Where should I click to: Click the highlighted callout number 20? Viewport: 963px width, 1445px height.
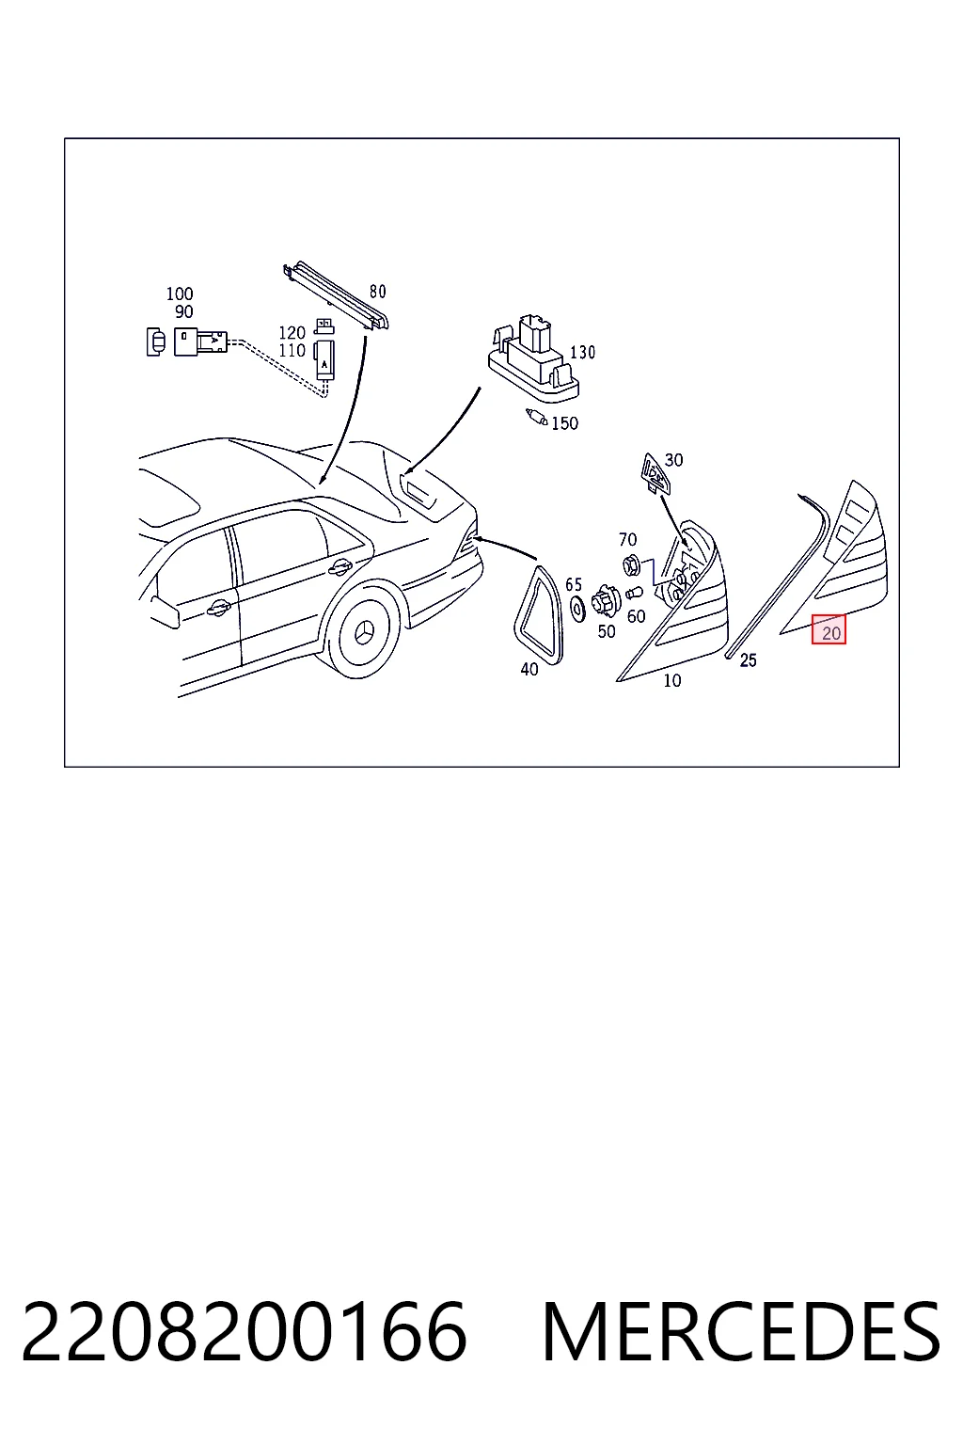830,633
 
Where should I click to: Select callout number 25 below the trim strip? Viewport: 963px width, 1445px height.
749,659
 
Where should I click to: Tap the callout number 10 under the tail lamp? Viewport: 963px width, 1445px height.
672,680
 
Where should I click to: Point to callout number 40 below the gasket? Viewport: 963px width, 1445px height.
529,670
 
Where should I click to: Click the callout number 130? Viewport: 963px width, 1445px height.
582,352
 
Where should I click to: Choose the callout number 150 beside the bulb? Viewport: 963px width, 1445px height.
564,423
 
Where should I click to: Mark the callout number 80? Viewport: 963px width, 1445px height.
378,292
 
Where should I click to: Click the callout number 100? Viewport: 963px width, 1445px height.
180,294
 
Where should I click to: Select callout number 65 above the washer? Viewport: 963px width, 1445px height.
574,584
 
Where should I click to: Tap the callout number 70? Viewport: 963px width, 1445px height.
627,539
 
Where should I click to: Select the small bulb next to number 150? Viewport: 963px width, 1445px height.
537,418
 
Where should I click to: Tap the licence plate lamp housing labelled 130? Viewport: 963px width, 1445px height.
533,360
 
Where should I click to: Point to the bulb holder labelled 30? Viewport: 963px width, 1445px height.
655,473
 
